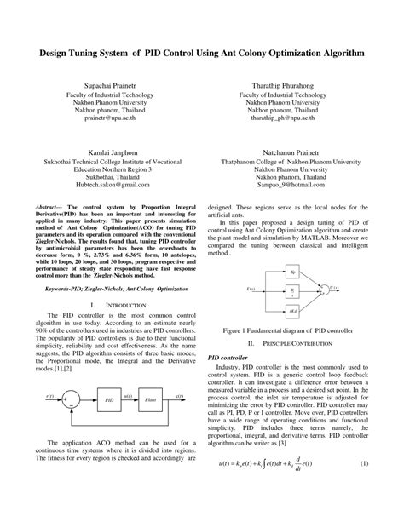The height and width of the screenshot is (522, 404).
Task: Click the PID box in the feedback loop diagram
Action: (x=108, y=399)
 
